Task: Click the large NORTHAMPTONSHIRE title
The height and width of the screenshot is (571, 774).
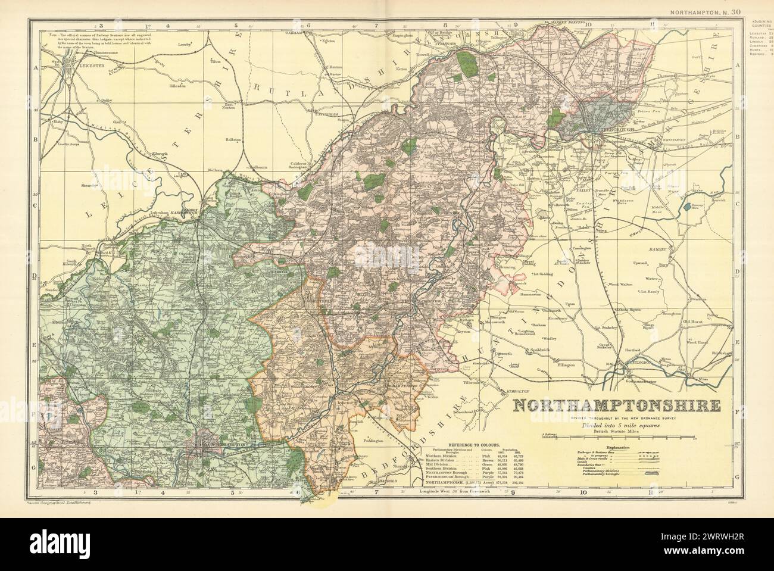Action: (616, 405)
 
